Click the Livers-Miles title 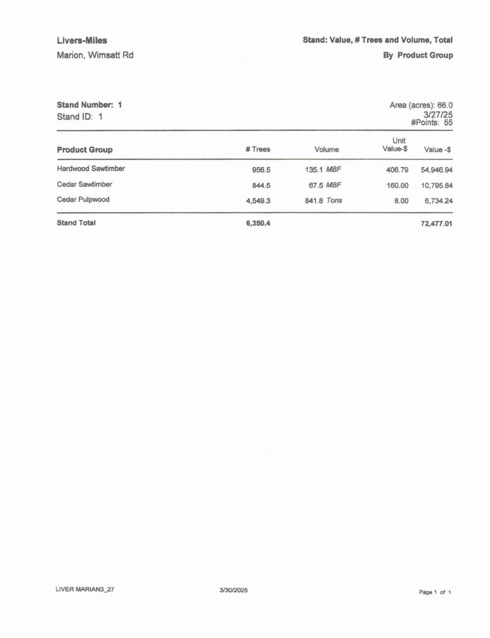[82, 40]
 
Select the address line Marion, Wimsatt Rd [95, 55]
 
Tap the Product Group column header [85, 150]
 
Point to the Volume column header [327, 150]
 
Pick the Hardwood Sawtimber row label [91, 168]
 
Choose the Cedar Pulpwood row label [83, 200]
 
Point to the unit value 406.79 [397, 169]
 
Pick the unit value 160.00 [397, 185]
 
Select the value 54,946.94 [436, 169]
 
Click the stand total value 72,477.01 [436, 223]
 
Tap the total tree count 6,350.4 [258, 223]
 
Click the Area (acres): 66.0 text [421, 105]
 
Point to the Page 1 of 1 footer [435, 593]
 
